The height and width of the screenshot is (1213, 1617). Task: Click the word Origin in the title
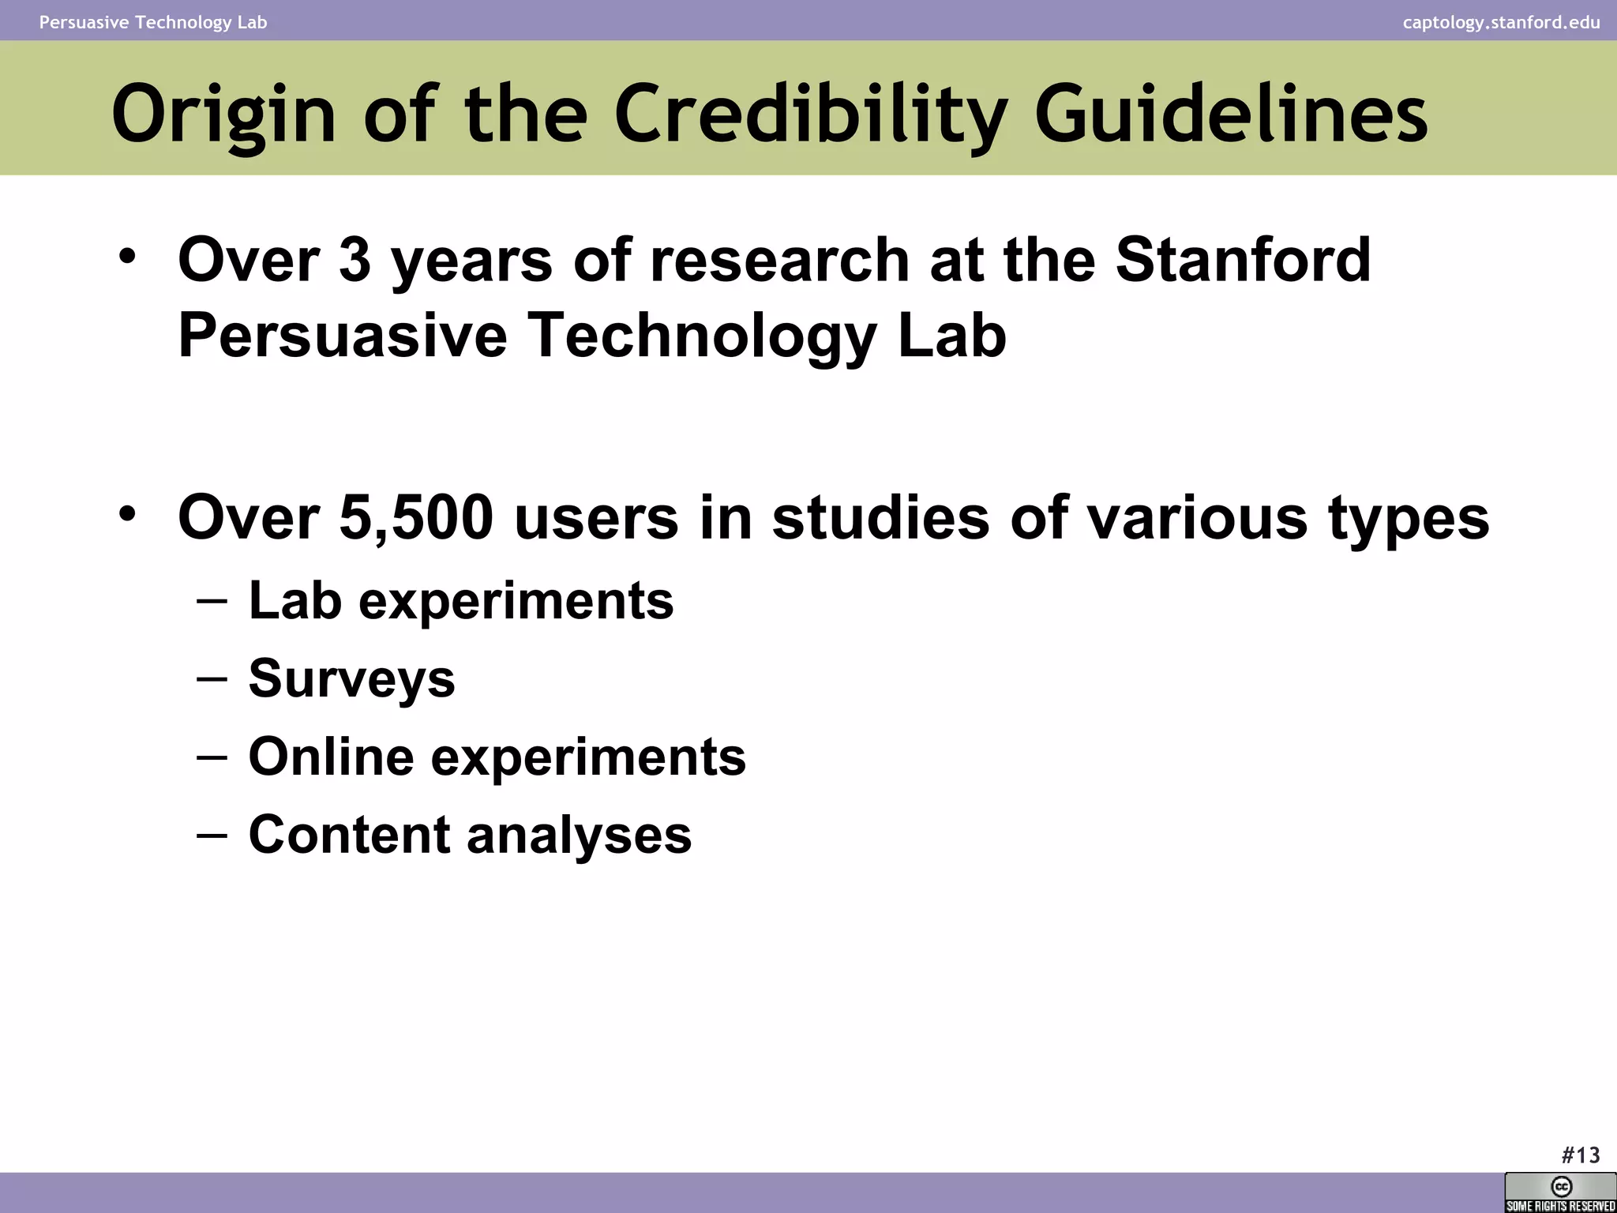pos(224,115)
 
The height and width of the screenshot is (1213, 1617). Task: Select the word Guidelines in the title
pos(1231,115)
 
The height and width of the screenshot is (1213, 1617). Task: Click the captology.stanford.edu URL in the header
pos(1501,22)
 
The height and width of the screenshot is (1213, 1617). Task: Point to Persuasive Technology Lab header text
pos(153,22)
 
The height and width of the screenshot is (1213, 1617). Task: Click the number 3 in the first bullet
pos(355,260)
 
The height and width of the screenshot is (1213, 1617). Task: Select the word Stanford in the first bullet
pos(1243,260)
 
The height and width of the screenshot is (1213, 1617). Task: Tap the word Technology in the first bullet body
pos(702,335)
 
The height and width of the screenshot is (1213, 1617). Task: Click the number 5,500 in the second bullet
pos(416,518)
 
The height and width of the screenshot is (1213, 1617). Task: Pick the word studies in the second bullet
pos(880,518)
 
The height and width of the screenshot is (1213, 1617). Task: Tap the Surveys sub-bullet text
pos(351,678)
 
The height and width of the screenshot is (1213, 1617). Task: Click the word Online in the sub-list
pos(331,757)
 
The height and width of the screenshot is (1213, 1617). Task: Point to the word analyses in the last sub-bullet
pos(579,835)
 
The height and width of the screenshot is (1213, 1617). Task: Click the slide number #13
pos(1580,1155)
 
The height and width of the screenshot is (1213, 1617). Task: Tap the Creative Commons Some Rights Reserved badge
pos(1560,1192)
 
